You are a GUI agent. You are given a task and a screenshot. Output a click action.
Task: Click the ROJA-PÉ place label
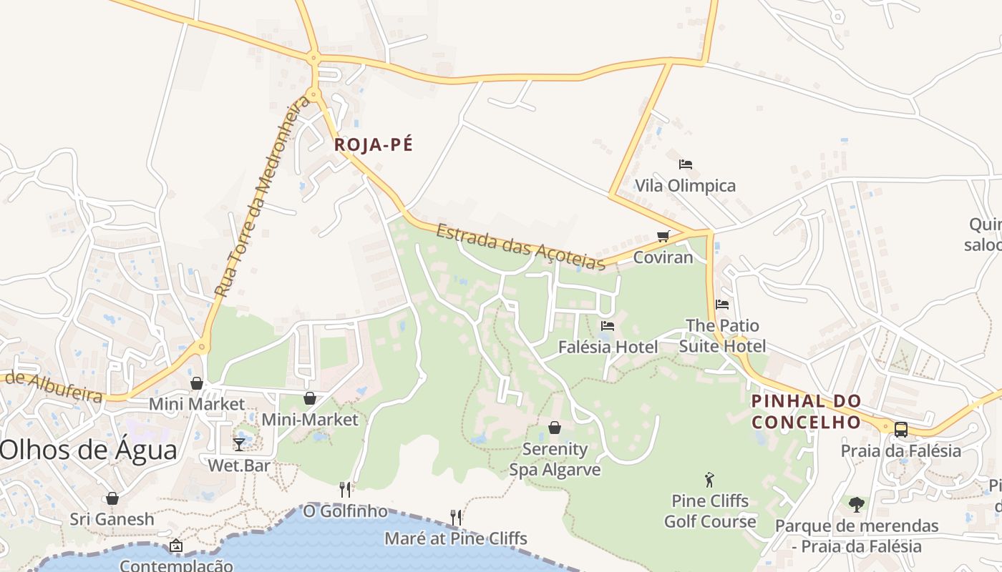tap(374, 145)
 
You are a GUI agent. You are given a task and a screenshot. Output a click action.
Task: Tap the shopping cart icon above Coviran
tap(663, 236)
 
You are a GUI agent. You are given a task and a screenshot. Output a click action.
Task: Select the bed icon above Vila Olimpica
tap(685, 164)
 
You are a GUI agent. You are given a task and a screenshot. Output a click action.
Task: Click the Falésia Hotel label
tap(608, 347)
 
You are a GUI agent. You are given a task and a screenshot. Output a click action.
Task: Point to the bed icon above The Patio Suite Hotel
tap(721, 304)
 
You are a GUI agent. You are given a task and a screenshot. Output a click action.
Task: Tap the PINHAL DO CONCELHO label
tap(806, 412)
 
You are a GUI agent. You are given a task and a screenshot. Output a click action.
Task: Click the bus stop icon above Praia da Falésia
tap(900, 430)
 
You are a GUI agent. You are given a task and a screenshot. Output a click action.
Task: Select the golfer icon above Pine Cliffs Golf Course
tap(709, 480)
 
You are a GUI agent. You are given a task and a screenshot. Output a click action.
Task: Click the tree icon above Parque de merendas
tap(856, 505)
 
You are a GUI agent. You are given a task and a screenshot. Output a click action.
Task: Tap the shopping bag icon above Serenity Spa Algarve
tap(555, 428)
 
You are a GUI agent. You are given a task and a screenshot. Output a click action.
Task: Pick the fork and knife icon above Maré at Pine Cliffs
tap(455, 516)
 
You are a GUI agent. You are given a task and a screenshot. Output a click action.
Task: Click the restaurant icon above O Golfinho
tap(345, 489)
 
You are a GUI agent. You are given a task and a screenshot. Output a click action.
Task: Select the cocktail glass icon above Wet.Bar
tap(239, 444)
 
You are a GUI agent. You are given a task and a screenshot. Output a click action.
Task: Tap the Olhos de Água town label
tap(89, 450)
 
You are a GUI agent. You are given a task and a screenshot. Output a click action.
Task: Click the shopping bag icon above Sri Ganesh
tap(112, 498)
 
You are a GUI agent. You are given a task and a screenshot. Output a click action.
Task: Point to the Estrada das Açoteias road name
tap(521, 247)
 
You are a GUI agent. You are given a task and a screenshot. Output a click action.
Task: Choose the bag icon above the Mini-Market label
tap(310, 398)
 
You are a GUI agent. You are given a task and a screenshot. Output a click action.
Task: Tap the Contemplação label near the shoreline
tap(176, 565)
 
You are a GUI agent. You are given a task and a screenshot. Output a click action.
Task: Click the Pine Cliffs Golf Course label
tap(710, 511)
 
